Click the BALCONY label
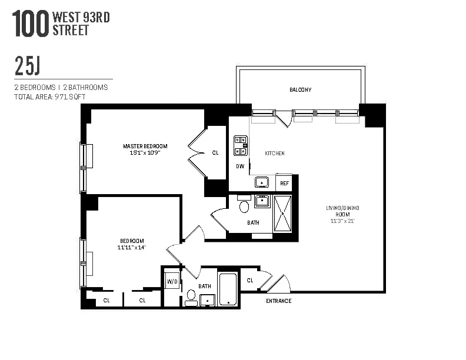[x=300, y=90]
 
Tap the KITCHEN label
[x=274, y=153]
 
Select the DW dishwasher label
[x=240, y=166]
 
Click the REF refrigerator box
[x=284, y=183]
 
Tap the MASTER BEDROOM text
[x=145, y=146]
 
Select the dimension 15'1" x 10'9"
[x=145, y=153]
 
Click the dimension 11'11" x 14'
[x=132, y=248]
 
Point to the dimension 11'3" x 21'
[x=343, y=221]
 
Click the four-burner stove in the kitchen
[x=241, y=144]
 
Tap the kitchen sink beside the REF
[x=262, y=183]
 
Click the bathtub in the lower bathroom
[x=228, y=289]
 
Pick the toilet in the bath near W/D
[x=191, y=295]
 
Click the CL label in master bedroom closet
[x=215, y=153]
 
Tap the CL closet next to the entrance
[x=250, y=281]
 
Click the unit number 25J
[x=27, y=67]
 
